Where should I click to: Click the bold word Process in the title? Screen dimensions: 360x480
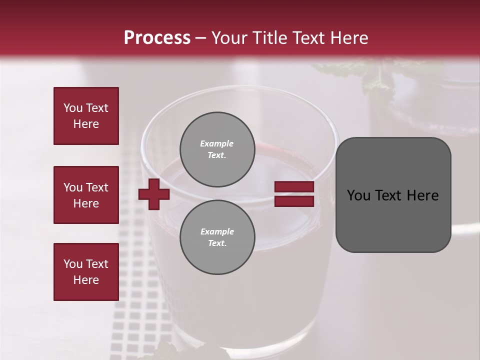click(x=157, y=38)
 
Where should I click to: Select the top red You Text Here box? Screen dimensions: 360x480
click(x=86, y=116)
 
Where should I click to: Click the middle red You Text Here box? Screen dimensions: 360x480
click(x=86, y=195)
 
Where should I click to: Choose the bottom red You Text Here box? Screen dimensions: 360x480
click(x=86, y=272)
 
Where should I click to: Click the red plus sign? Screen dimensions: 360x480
click(x=154, y=194)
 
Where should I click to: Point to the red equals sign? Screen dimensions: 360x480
click(x=294, y=194)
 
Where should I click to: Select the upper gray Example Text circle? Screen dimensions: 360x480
click(x=217, y=149)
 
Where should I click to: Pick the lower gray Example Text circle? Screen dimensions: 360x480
click(x=217, y=237)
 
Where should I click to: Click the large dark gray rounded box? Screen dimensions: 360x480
click(x=393, y=195)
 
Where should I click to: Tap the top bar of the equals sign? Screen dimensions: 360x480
click(x=294, y=187)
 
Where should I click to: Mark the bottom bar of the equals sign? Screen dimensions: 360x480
click(x=294, y=201)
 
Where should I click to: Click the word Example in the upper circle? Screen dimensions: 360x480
click(x=217, y=143)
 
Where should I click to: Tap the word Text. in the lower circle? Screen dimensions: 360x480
click(x=217, y=243)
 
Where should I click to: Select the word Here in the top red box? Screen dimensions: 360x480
click(x=86, y=124)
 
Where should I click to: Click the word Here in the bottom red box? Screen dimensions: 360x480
click(x=86, y=280)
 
